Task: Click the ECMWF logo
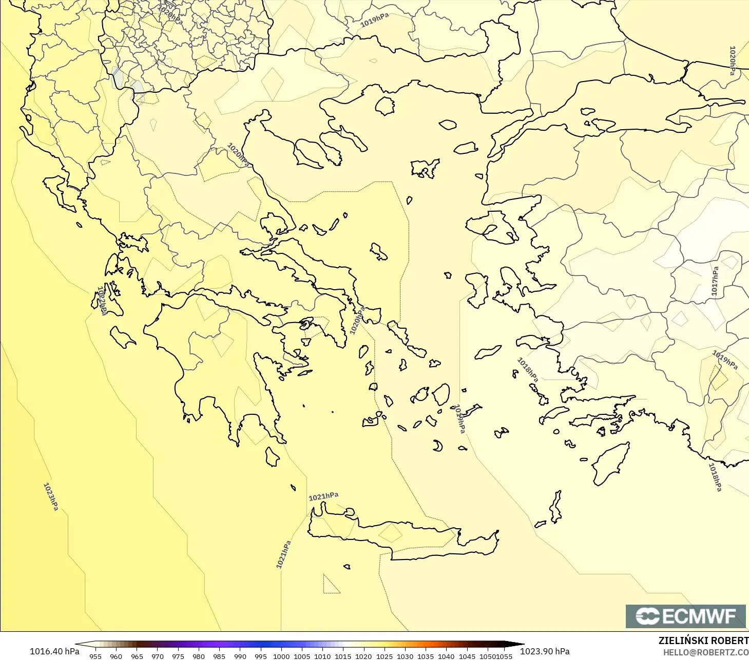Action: coord(685,616)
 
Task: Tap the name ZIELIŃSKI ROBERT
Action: coord(703,641)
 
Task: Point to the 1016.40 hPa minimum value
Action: coord(54,651)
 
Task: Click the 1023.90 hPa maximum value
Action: coord(545,651)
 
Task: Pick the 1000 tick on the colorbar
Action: coord(281,656)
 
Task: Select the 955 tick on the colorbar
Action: coord(95,656)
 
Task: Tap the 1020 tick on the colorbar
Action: coord(363,656)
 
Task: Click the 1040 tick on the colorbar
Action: coord(446,656)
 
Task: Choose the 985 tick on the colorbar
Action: coord(219,656)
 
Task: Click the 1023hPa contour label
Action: coord(50,496)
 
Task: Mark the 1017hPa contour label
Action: coord(715,281)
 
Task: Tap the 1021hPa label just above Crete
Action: coord(323,496)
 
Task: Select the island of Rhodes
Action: coord(611,463)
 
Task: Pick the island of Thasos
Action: coord(385,106)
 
